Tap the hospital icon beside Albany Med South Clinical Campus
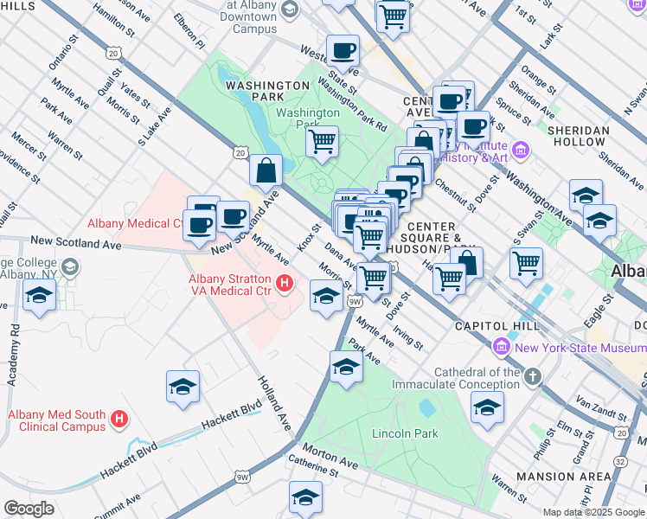tap(120, 420)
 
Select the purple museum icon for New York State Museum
tap(501, 348)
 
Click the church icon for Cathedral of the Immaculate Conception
tap(532, 376)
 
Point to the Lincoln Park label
tap(405, 433)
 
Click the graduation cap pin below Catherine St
tap(305, 497)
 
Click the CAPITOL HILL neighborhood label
tap(501, 326)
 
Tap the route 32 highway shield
tap(621, 461)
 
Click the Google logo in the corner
tap(29, 509)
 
